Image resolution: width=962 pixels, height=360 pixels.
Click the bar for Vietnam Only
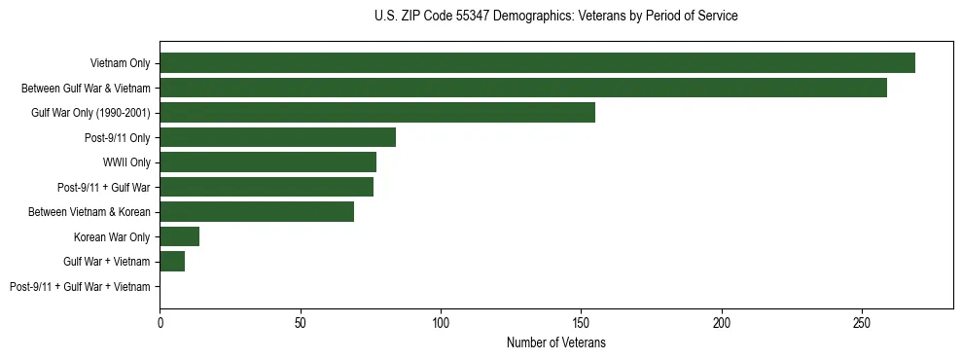click(537, 63)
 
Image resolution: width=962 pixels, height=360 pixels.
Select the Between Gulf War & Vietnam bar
click(523, 88)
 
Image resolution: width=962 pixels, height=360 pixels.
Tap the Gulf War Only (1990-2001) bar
click(377, 113)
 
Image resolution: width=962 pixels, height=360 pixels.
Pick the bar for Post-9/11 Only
click(277, 137)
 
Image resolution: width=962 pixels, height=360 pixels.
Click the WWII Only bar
click(267, 162)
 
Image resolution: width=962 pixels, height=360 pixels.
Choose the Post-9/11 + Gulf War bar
click(267, 187)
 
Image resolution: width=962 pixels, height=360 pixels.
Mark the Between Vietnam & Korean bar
click(257, 212)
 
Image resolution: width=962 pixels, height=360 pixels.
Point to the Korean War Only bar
click(179, 236)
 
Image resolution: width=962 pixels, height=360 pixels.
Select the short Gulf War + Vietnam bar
click(172, 262)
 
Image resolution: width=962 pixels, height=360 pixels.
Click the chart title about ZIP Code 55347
click(555, 17)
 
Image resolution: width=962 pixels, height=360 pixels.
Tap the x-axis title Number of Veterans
click(555, 342)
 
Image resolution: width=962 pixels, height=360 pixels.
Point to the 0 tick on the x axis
click(160, 320)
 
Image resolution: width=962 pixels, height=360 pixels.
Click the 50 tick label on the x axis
click(301, 320)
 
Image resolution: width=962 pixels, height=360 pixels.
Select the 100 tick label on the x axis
click(441, 320)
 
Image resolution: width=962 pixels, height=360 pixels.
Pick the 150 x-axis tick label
click(581, 320)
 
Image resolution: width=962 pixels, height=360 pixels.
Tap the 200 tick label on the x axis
click(722, 320)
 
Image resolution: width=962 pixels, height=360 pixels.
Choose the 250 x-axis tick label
click(862, 320)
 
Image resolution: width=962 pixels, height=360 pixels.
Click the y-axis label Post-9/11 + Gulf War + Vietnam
click(80, 287)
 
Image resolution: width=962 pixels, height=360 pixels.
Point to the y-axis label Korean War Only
click(112, 237)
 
